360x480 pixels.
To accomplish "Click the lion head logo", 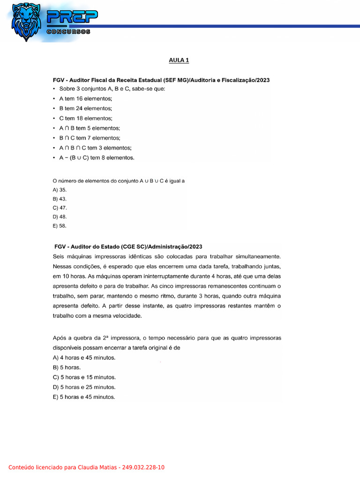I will coord(27,22).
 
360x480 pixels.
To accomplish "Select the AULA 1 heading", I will coord(179,60).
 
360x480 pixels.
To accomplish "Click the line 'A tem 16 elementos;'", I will coord(86,98).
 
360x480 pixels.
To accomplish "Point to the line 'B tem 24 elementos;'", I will coord(86,108).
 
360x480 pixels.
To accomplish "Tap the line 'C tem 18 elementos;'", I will coord(86,118).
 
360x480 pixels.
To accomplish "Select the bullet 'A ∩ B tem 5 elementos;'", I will coord(90,128).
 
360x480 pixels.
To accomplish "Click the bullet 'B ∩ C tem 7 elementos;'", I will coord(90,138).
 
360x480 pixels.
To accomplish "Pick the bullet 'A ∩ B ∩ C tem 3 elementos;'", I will coord(95,148).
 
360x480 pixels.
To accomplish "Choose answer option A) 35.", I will coord(60,190).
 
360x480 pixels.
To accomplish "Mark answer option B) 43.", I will coord(60,199).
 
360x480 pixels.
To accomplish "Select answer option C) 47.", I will coord(60,208).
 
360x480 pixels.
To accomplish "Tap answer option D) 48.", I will coord(60,217).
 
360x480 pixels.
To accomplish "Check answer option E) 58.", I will coord(60,225).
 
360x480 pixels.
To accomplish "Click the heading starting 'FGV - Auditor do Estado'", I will coord(128,247).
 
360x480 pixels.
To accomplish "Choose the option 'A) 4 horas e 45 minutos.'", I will coord(84,358).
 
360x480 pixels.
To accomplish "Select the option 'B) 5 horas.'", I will coord(67,367).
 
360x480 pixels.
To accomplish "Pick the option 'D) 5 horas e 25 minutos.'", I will coord(84,387).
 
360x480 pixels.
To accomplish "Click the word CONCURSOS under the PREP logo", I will coord(68,31).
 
